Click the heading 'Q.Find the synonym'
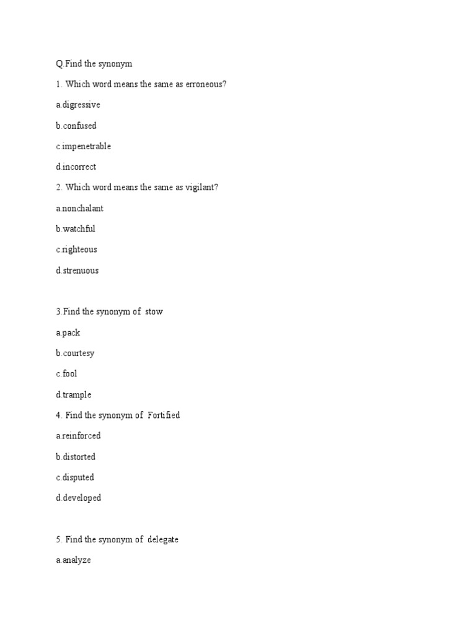(94, 64)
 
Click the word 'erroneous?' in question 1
(205, 84)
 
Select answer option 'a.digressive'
(77, 105)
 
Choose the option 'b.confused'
(76, 126)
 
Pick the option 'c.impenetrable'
(83, 147)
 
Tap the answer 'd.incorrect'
(76, 167)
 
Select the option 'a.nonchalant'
(79, 209)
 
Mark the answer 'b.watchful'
(75, 229)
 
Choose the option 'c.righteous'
(76, 250)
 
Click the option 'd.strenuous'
(77, 271)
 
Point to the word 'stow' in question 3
(154, 312)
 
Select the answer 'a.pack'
(68, 333)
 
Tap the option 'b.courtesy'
(75, 354)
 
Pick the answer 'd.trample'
(73, 395)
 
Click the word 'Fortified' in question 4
(164, 415)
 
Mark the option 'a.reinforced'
(78, 436)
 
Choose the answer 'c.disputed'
(74, 477)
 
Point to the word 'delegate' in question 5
(163, 540)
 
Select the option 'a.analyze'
(73, 560)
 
